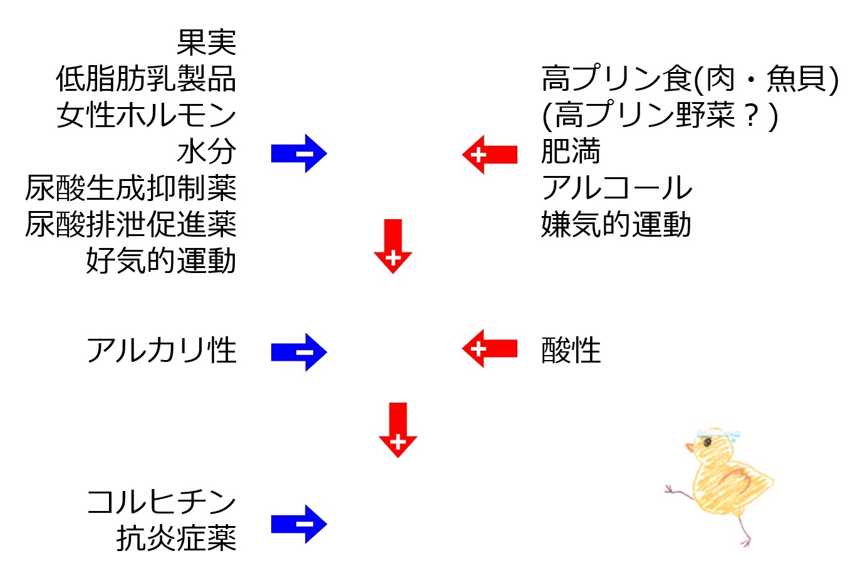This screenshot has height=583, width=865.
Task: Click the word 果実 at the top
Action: pos(206,43)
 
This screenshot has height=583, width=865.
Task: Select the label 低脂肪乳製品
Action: pos(146,79)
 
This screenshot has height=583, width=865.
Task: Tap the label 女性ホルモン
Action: pos(146,115)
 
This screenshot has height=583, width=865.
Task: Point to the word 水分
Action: pos(206,152)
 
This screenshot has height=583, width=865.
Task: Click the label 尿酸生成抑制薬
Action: pos(131,188)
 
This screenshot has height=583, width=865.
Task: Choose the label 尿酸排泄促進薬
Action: pos(131,224)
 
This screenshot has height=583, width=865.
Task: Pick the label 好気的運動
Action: pos(161,261)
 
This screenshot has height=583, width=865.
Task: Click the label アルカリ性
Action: pos(162,350)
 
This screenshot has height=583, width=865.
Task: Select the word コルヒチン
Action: pos(162,502)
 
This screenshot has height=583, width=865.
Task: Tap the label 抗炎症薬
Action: pos(176,538)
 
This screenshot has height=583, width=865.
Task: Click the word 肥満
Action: pos(571,151)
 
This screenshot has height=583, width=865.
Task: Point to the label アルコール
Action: pos(617,188)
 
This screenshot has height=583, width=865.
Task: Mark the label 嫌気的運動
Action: pos(616,224)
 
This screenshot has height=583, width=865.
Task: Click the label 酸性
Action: pos(571,350)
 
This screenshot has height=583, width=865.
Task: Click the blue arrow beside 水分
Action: pos(299,153)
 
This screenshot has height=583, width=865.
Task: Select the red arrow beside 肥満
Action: pos(490,155)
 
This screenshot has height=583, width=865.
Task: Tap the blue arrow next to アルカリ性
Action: pos(299,352)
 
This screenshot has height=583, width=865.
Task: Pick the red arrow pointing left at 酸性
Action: pos(490,349)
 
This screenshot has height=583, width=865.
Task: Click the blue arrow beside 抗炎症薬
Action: pos(299,524)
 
